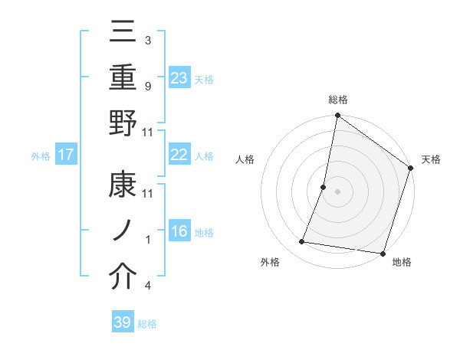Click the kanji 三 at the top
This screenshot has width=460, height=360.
point(123,34)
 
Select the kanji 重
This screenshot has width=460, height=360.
point(123,78)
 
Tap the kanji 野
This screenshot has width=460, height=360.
point(123,124)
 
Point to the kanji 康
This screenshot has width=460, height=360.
point(123,188)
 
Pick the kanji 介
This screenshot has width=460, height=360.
point(123,277)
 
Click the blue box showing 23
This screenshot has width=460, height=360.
point(179,77)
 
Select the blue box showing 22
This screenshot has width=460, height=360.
point(179,155)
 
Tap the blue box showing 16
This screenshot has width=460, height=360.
point(179,232)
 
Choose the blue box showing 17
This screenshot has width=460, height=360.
point(65,155)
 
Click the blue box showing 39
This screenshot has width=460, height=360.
point(122,322)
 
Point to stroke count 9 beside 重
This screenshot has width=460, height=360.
point(148,86)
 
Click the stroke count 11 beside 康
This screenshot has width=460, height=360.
point(148,193)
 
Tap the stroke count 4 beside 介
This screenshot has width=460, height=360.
point(148,286)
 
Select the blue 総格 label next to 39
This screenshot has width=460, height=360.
point(147,324)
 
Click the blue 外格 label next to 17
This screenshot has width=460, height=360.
point(41,156)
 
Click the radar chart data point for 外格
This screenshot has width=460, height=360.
point(302,242)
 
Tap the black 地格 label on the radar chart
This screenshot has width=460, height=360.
point(402,262)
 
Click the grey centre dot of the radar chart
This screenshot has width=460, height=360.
point(337,191)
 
